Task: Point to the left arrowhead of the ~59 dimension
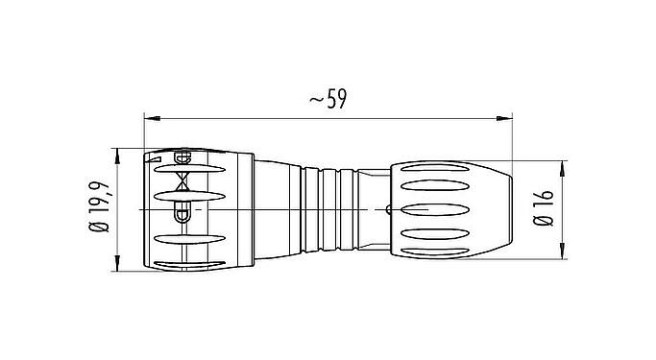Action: coord(150,119)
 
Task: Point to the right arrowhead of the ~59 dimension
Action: coord(507,119)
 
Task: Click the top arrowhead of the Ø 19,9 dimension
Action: coord(117,155)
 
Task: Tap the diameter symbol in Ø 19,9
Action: coord(99,228)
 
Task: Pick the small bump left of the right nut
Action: coord(387,207)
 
